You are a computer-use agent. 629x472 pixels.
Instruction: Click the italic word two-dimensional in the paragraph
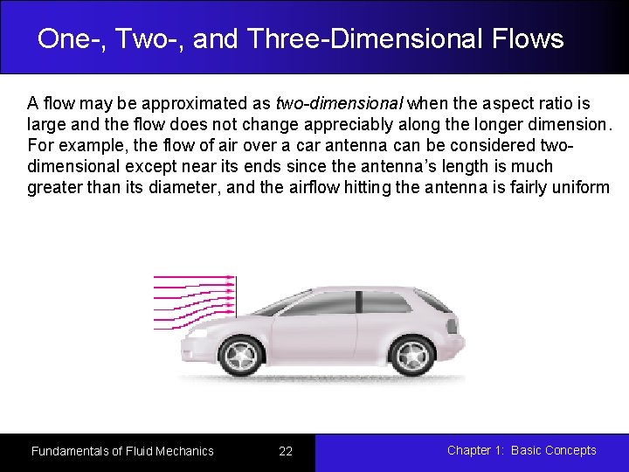[x=339, y=103]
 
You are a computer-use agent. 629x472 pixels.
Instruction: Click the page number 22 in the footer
[x=286, y=451]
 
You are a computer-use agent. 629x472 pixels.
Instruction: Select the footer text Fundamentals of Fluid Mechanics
[x=122, y=451]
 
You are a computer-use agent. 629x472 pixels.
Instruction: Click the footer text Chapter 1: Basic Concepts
[x=522, y=450]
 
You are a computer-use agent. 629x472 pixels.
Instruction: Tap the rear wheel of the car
[x=411, y=355]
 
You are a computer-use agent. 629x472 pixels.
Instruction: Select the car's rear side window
[x=385, y=302]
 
